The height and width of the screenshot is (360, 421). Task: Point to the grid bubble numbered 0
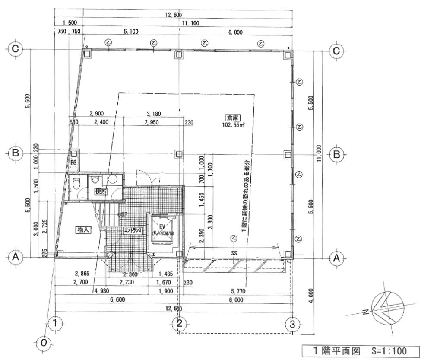click(43, 342)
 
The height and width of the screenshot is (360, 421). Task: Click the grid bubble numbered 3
click(293, 322)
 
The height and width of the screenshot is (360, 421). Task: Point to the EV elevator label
click(163, 226)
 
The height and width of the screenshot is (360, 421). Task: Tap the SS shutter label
click(234, 252)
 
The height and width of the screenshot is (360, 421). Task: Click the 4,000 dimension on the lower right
click(312, 297)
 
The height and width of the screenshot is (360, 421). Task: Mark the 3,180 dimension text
click(154, 114)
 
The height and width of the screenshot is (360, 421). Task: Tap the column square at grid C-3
click(288, 54)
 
